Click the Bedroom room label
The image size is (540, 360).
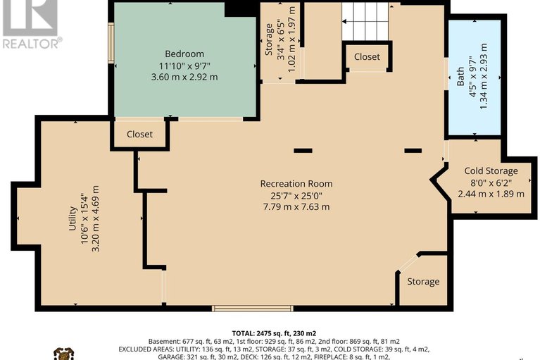click(184, 54)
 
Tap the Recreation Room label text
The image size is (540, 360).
click(296, 184)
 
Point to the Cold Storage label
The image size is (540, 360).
click(491, 171)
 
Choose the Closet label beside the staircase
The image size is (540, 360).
click(367, 56)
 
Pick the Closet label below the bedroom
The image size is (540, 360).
click(139, 134)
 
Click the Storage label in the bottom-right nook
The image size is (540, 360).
click(423, 282)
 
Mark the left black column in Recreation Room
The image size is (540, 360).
click(303, 150)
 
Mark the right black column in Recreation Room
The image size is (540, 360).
click(413, 150)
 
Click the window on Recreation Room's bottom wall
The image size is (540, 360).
click(253, 308)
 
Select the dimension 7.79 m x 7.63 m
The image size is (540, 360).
click(296, 207)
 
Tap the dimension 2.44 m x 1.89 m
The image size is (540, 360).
click(491, 193)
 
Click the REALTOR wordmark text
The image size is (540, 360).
click(32, 43)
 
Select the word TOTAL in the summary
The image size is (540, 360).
click(246, 333)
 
